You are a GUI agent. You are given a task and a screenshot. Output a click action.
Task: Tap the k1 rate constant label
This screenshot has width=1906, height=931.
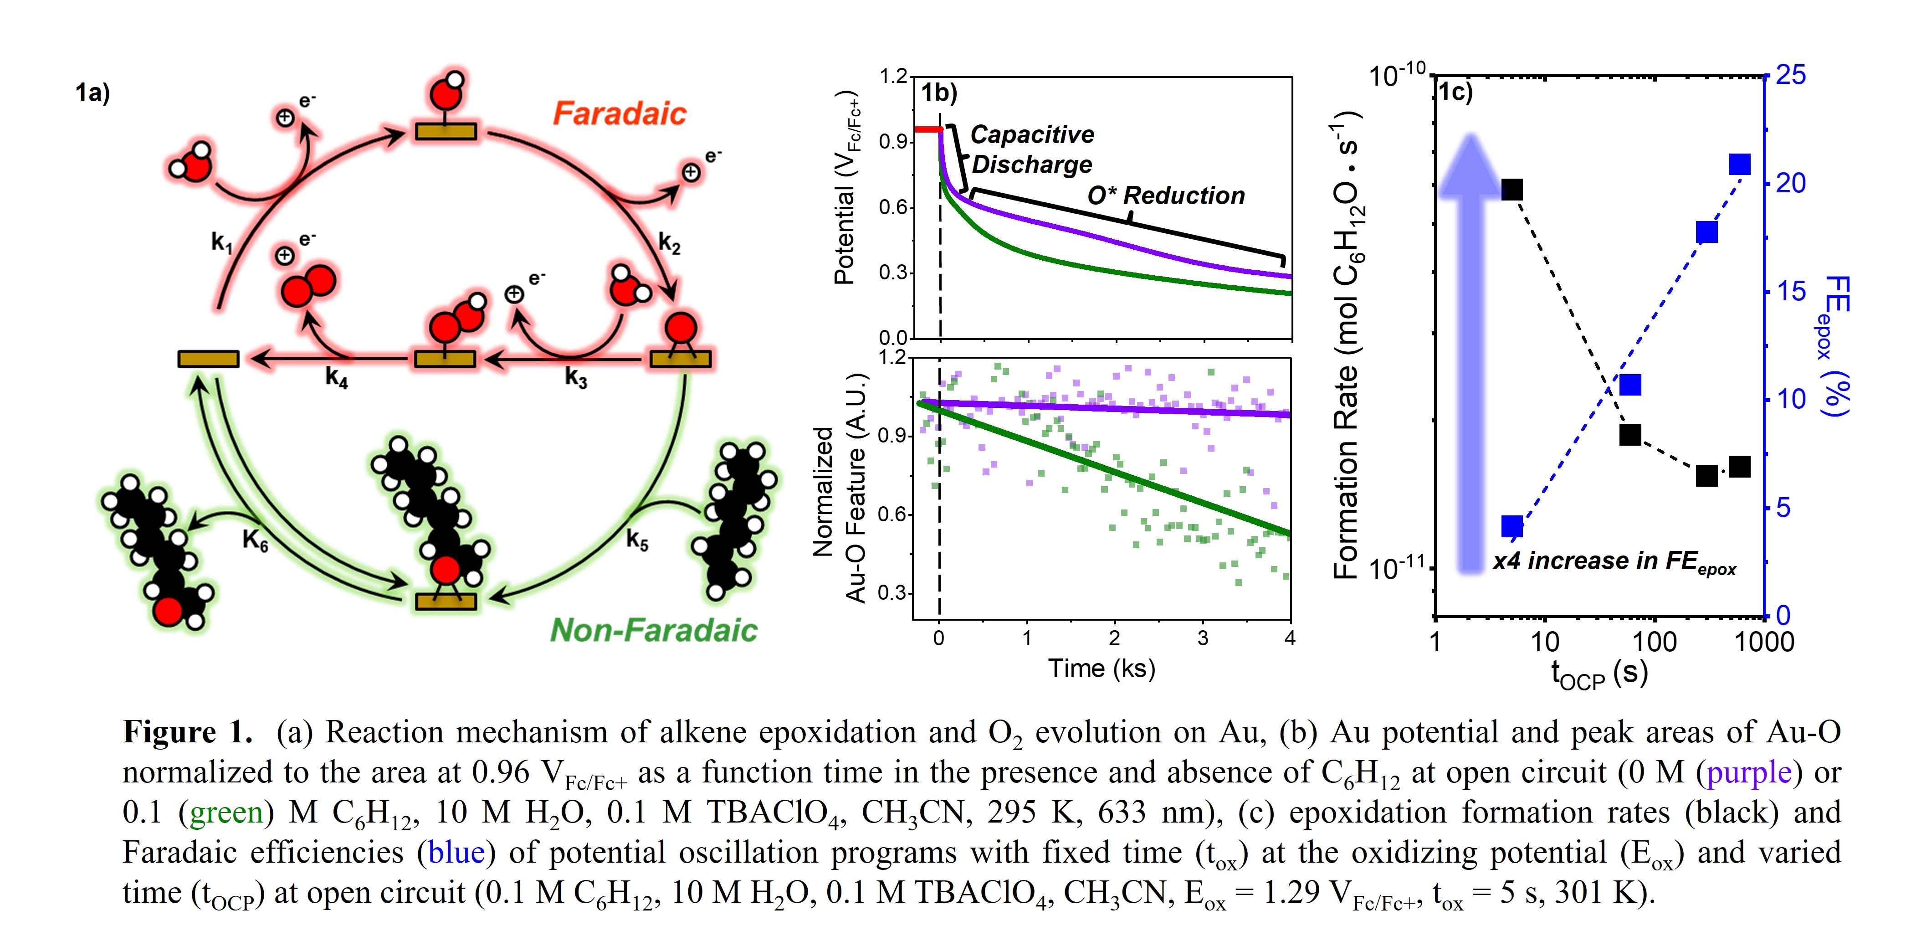tap(221, 242)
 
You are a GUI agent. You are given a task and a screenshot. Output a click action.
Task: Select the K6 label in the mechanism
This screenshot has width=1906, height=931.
tap(255, 541)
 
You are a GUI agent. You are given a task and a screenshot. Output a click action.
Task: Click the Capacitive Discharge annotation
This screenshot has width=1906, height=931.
tap(1031, 149)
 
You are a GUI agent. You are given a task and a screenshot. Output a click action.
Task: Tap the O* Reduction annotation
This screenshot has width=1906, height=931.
tap(1165, 195)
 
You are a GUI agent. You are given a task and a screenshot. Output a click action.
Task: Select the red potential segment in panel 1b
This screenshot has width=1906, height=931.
tap(928, 129)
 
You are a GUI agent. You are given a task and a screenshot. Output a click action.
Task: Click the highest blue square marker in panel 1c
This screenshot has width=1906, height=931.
tap(1740, 165)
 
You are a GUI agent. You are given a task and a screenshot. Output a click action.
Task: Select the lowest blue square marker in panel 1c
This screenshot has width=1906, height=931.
tap(1512, 526)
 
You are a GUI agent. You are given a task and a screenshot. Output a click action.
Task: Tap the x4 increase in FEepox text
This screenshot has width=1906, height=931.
tap(1613, 562)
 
